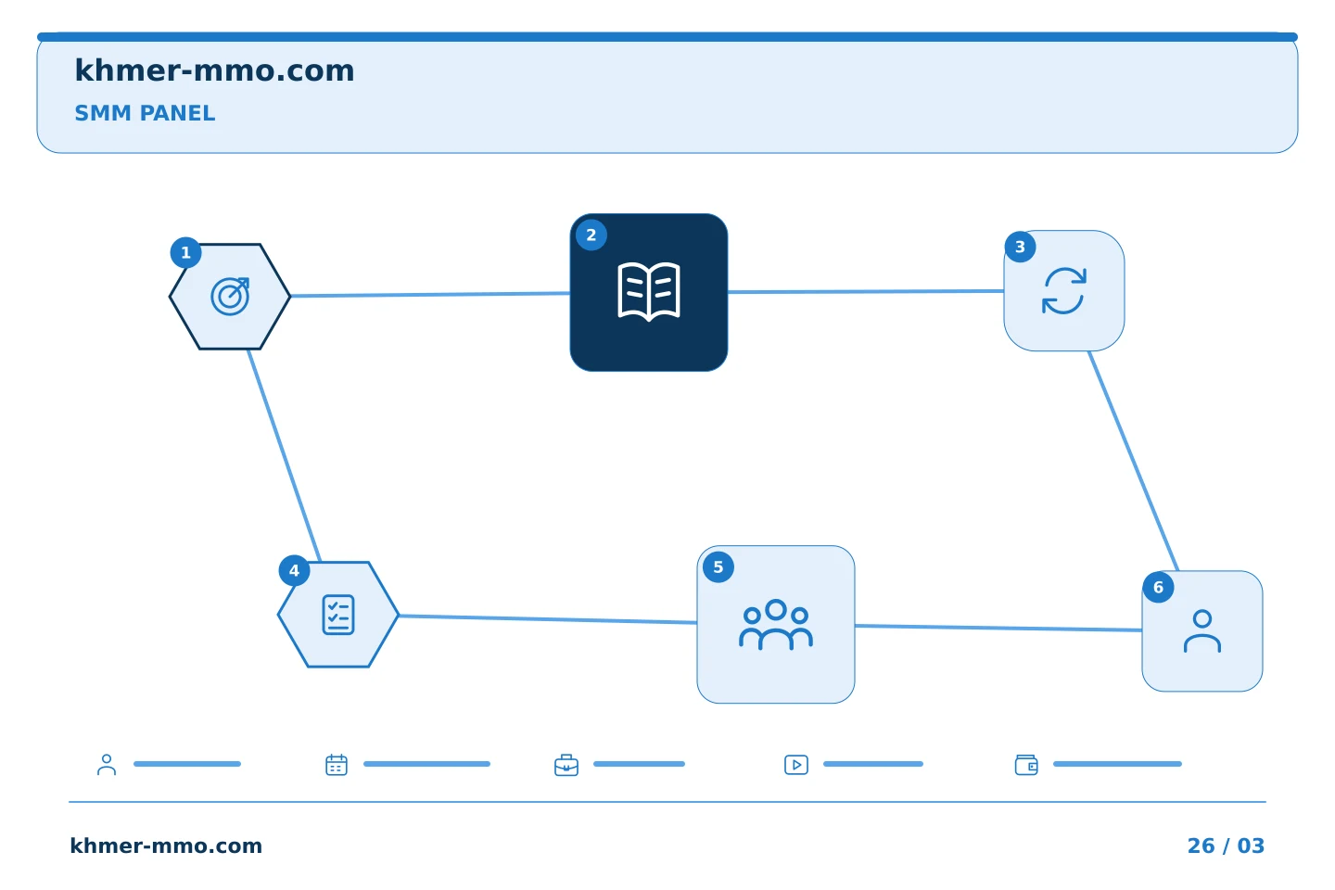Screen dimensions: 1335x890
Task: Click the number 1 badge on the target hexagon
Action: tap(186, 253)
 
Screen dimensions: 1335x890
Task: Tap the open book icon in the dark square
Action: tap(649, 292)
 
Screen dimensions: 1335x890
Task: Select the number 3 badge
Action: tap(1021, 247)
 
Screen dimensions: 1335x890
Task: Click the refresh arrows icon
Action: tap(1064, 291)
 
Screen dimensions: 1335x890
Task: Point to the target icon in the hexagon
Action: tap(230, 297)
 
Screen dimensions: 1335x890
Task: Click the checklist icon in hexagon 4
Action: tap(338, 615)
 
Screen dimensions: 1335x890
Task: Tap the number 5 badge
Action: tap(718, 566)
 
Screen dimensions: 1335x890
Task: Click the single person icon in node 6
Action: tap(1202, 631)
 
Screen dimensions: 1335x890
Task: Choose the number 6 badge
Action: tap(1159, 587)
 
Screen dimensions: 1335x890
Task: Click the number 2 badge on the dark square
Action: tap(591, 235)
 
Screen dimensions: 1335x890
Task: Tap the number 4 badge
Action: tap(295, 570)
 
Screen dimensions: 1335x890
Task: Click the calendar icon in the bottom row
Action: tap(337, 765)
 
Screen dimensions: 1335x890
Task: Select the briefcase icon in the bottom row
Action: tap(566, 765)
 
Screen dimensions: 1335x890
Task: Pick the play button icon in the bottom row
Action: tap(796, 765)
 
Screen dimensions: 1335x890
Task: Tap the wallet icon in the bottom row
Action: tap(1026, 765)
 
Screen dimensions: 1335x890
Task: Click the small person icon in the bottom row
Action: tap(107, 765)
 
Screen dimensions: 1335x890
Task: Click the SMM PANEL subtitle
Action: tap(145, 113)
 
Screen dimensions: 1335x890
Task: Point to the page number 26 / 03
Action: tap(1226, 845)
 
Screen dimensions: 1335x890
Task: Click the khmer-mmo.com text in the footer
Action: tap(166, 845)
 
